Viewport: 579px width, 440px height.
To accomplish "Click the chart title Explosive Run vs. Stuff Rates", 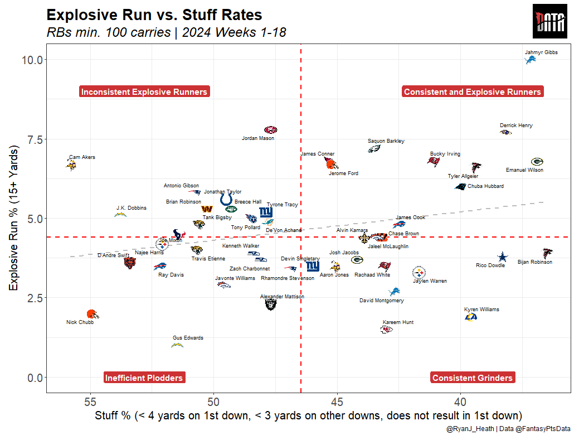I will click(x=154, y=15).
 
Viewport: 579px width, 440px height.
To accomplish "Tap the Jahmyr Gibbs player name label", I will click(x=541, y=52).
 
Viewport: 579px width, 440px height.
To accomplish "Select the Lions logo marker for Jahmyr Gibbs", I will click(x=532, y=60).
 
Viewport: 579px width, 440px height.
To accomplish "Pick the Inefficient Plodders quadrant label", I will click(x=144, y=378).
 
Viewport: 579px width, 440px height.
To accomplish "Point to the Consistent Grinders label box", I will click(x=472, y=378).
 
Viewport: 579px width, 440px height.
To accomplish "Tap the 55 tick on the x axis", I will click(x=90, y=402).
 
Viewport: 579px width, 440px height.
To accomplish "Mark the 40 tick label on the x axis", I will click(x=460, y=402).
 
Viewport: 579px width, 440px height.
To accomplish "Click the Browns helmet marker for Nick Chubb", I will click(x=92, y=314).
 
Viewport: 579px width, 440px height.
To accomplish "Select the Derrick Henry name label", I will click(x=515, y=125).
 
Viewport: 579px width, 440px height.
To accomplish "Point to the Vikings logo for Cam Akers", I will click(x=71, y=165).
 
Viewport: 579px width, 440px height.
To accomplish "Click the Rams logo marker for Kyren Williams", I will click(x=471, y=317).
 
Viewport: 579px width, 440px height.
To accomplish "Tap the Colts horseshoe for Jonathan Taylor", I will click(x=226, y=200).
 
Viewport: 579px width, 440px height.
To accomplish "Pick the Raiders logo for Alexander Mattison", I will click(x=271, y=304).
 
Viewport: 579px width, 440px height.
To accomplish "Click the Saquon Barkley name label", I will click(x=386, y=141).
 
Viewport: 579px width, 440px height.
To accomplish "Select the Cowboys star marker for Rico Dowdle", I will click(x=503, y=257).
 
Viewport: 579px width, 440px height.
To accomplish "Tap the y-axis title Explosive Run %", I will click(x=14, y=218).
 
